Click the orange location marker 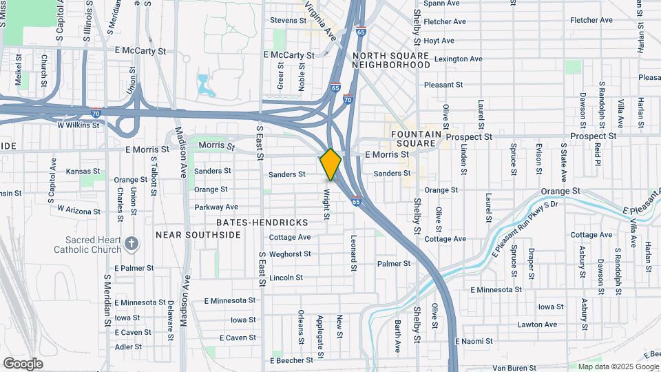pyautogui.click(x=330, y=165)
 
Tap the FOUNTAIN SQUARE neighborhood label pyautogui.click(x=413, y=138)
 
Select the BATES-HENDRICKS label pyautogui.click(x=262, y=223)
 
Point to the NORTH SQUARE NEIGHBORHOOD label pyautogui.click(x=391, y=59)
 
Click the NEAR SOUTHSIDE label pyautogui.click(x=198, y=235)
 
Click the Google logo pyautogui.click(x=23, y=363)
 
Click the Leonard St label pyautogui.click(x=353, y=252)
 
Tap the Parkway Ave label pyautogui.click(x=216, y=207)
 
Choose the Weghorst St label pyautogui.click(x=290, y=254)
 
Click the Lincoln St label pyautogui.click(x=286, y=278)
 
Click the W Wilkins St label pyautogui.click(x=78, y=126)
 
